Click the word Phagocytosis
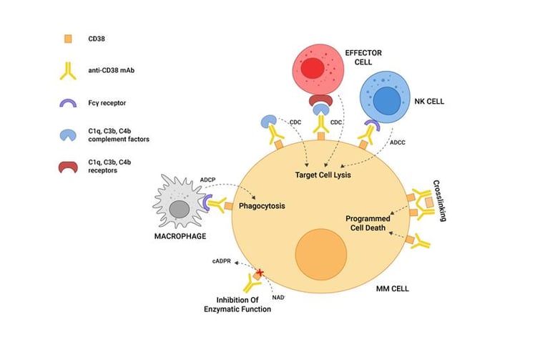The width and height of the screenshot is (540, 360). tap(262, 206)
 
